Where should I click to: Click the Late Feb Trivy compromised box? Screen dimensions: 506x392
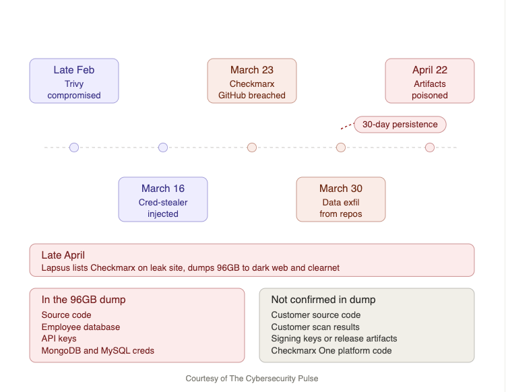pos(74,81)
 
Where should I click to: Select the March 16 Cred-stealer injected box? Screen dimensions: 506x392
pos(163,199)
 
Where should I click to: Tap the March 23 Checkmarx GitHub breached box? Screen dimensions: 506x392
pos(252,81)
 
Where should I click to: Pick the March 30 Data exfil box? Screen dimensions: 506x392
pos(341,199)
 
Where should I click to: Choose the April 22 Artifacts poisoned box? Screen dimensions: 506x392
pos(430,81)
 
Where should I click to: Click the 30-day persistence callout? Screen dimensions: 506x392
pos(400,125)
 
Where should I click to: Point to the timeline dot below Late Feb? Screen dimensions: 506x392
pos(74,148)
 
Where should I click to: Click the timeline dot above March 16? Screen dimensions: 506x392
pos(163,148)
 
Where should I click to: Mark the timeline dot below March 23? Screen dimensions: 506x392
pos(252,148)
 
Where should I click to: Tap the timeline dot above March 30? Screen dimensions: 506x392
pos(341,148)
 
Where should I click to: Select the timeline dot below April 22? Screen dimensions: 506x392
pos(430,148)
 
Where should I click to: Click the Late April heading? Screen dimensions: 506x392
pos(63,255)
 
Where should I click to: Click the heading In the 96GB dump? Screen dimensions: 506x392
pos(84,300)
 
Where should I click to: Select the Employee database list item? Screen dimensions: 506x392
pos(81,327)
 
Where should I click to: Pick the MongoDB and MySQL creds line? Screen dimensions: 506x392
pos(98,351)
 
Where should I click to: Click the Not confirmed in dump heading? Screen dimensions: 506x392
pos(323,300)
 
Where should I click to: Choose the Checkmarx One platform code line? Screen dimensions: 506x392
pos(331,351)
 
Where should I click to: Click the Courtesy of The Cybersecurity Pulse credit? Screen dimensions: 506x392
pos(252,379)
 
